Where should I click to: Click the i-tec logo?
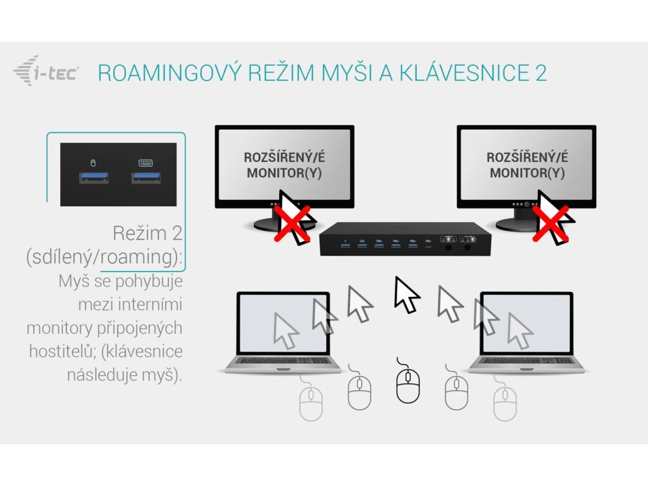point(46,71)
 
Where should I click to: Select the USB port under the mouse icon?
point(94,177)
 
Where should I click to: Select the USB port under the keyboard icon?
point(146,177)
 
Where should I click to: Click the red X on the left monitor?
point(292,223)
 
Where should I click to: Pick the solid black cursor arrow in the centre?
point(406,294)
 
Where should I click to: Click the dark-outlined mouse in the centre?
point(408,385)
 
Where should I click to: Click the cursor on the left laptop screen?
point(285,330)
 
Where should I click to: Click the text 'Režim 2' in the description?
point(147,233)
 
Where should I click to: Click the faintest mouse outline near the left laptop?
point(311,402)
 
